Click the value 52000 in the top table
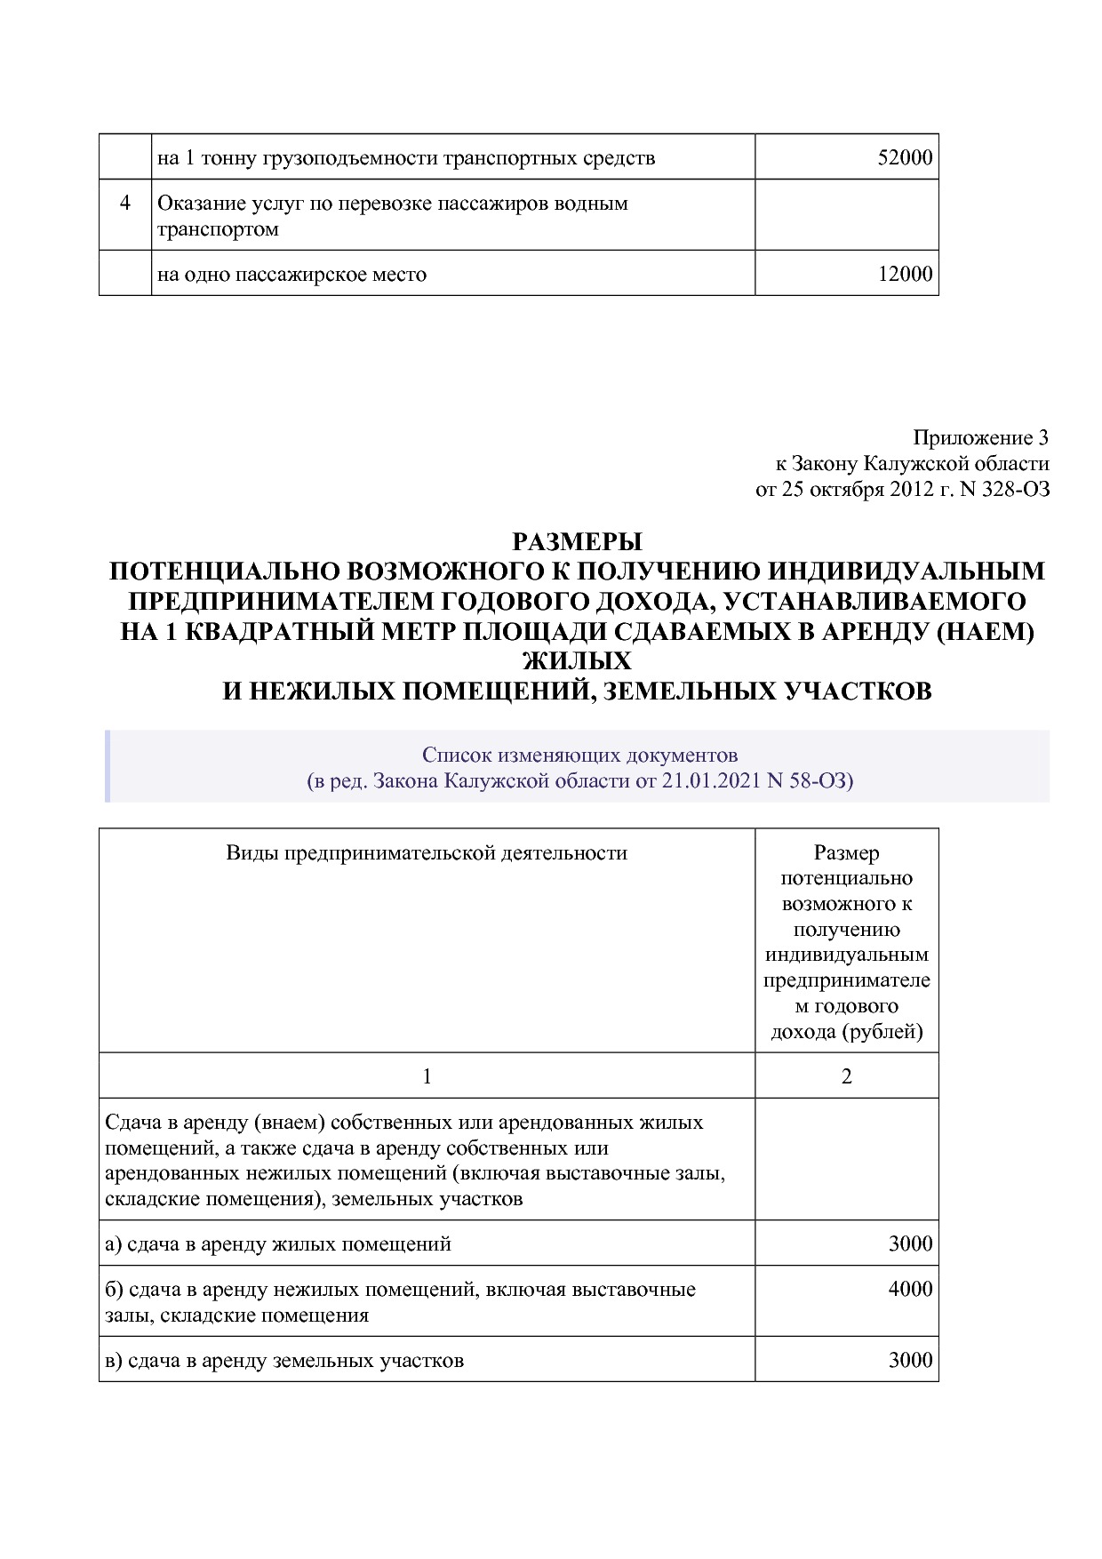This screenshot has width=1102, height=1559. (905, 158)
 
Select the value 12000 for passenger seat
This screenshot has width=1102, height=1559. (905, 274)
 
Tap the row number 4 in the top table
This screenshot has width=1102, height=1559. (125, 204)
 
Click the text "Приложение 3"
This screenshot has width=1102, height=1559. (980, 437)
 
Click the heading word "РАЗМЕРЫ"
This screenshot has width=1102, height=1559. (577, 541)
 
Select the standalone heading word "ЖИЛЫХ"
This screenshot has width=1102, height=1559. (577, 661)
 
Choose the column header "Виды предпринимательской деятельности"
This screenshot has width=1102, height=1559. (427, 853)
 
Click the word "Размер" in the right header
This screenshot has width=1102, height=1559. (846, 853)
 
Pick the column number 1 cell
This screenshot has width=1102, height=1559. (427, 1076)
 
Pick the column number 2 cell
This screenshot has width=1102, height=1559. (846, 1076)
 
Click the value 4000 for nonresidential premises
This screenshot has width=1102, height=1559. (910, 1289)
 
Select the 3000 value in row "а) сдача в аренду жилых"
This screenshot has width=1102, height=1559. (910, 1243)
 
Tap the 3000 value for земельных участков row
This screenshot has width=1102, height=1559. (910, 1360)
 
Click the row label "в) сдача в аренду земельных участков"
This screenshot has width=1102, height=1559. (284, 1361)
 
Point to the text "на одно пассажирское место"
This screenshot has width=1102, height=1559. (291, 275)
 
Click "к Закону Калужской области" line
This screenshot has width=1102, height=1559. (912, 463)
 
